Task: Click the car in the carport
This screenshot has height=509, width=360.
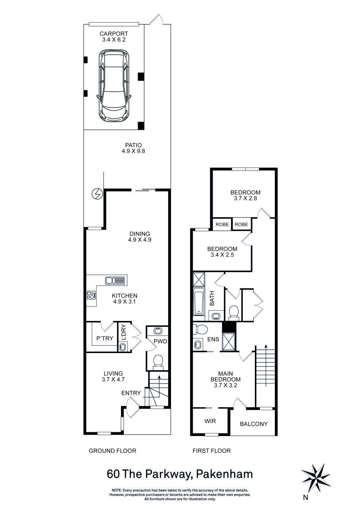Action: (x=114, y=86)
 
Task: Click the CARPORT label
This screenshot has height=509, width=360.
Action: (x=113, y=34)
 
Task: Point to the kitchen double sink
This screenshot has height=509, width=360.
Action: (x=115, y=281)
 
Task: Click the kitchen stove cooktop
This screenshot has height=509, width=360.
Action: (x=91, y=295)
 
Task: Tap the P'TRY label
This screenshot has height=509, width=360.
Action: (x=104, y=338)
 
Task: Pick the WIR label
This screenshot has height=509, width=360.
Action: (x=210, y=421)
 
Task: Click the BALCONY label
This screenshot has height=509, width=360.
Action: (x=254, y=424)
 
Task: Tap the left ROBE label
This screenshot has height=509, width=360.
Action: (x=222, y=224)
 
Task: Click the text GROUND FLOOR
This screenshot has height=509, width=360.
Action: (x=113, y=451)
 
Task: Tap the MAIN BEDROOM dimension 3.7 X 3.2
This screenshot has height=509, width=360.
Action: (x=225, y=386)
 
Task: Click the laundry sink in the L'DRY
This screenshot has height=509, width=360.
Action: (x=122, y=347)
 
